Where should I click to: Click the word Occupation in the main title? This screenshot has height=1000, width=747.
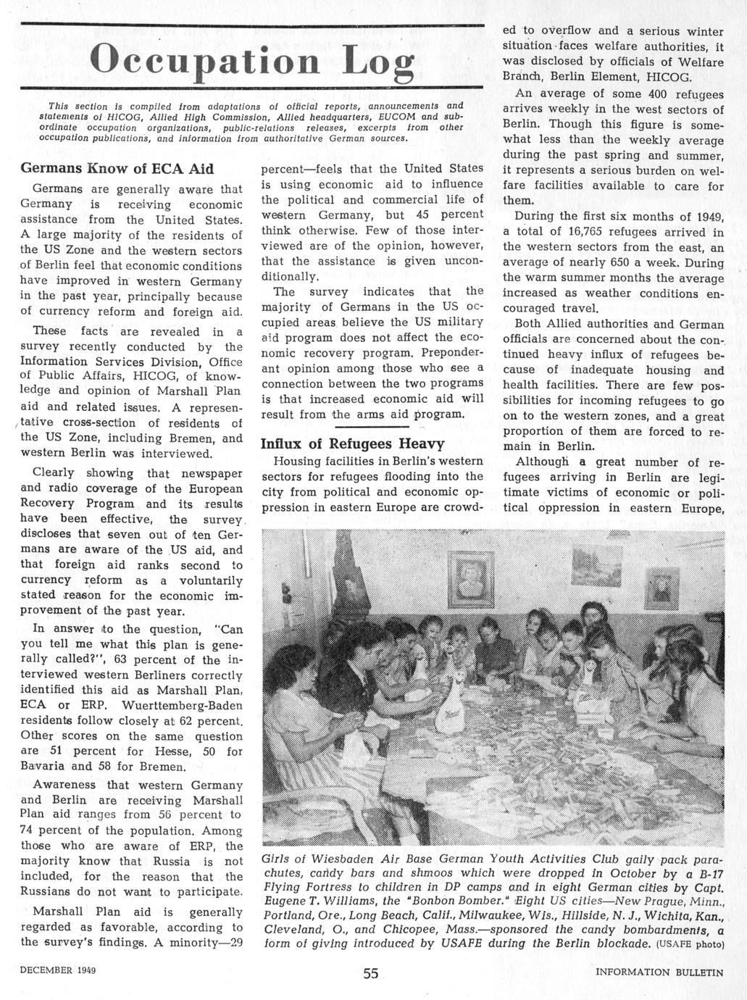point(206,59)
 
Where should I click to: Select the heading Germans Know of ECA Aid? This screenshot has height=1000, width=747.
point(117,169)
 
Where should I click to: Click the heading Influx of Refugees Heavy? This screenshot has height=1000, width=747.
point(352,443)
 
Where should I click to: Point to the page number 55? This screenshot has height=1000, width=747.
point(370,973)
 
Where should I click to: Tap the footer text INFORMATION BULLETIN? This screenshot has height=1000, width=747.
point(659,972)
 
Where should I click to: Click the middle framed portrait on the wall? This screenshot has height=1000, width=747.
point(470,578)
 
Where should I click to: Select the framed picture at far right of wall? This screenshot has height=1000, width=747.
point(661,588)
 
